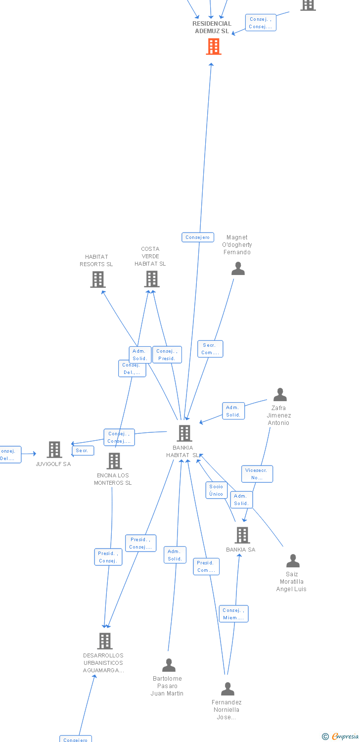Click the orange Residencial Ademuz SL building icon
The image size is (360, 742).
coord(214,46)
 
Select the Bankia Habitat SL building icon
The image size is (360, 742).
coord(184,433)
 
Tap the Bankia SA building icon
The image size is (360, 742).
coord(242,535)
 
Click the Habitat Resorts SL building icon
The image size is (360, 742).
coord(98,279)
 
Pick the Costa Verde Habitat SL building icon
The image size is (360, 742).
coord(151,279)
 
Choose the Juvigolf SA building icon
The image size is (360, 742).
coord(54,450)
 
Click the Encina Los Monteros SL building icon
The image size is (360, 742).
coord(114,461)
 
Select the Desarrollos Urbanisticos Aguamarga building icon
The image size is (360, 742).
coord(105,641)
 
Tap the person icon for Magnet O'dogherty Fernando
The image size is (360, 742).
coord(238,269)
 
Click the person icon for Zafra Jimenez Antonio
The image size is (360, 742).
coord(280,395)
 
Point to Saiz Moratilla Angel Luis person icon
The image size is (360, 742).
coord(293,561)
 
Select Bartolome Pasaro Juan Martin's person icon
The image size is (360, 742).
coord(169,665)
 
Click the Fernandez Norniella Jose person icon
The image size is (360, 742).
coord(227,689)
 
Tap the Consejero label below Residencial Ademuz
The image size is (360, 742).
coord(198,237)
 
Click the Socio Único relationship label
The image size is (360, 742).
coord(216,490)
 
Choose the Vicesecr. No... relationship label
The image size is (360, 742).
coord(257,474)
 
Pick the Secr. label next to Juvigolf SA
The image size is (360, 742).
coord(82,451)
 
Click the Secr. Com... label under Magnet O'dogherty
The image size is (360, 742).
coord(210,349)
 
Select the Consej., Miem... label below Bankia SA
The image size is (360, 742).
coord(233,614)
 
